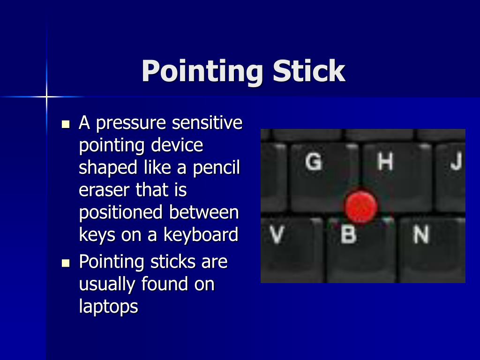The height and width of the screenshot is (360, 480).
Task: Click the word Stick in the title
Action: coord(309,71)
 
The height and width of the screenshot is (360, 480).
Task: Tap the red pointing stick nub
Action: coord(361,206)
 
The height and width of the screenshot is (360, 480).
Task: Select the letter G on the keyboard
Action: coord(314,162)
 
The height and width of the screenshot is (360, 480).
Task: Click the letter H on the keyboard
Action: coord(385,162)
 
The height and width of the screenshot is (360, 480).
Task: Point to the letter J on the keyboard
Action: coord(456,162)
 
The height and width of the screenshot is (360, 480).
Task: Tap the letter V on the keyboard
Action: coord(277,234)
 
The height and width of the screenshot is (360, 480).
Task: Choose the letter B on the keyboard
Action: coord(348,234)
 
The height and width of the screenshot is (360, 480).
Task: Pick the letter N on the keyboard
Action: coord(420,234)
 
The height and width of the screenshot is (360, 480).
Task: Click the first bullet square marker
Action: coord(66,125)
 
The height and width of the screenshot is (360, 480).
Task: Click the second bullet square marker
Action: coord(66,262)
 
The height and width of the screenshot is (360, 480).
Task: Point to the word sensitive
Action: coord(207,123)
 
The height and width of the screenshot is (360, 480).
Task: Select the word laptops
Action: coord(108,307)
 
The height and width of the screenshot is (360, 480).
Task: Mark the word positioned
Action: coord(121,213)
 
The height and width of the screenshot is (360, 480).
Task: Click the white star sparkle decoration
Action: coord(46,97)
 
